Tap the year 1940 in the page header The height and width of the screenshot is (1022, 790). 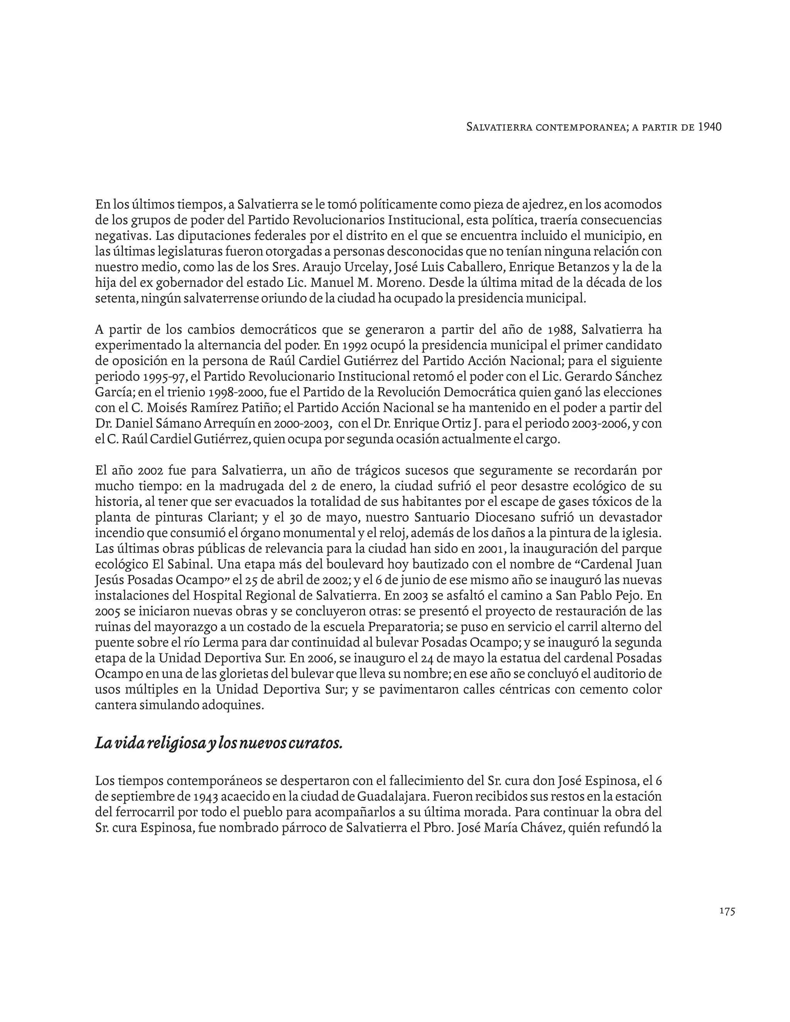point(709,126)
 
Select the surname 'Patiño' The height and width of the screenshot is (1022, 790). point(259,408)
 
